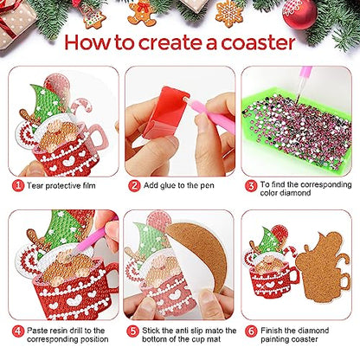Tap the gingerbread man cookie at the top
pos(141,11)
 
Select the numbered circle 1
pos(16,184)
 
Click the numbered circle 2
pos(135,184)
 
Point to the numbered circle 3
pos(250,184)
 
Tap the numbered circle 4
pos(16,330)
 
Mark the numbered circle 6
pos(250,330)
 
